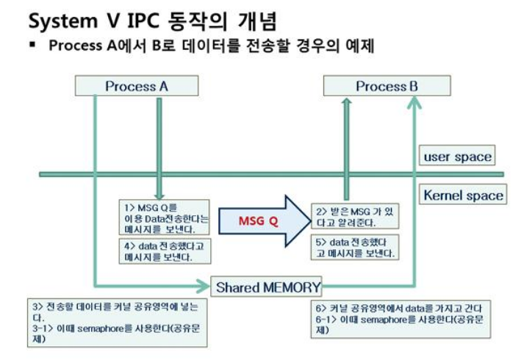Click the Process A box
coord(137,86)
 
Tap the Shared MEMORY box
coord(268,287)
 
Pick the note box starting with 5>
coord(353,247)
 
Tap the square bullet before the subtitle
coord(33,46)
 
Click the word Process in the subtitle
coord(75,46)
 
